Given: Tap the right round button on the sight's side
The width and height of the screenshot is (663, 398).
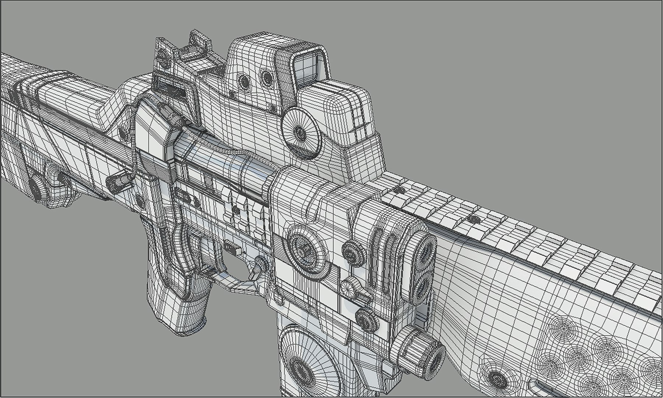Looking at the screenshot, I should (266, 77).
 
